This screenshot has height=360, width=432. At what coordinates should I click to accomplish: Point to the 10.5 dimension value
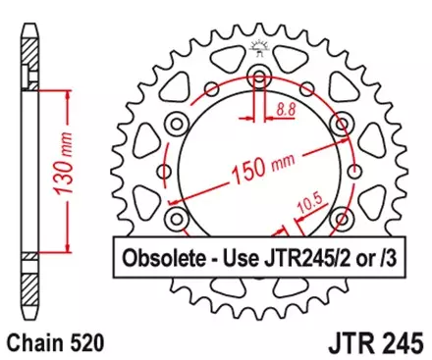[313, 204]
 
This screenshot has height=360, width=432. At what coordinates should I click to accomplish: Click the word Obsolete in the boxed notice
[163, 261]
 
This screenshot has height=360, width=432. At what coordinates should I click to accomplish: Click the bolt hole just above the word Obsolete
[177, 218]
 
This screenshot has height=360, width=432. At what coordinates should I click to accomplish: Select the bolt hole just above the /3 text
[344, 218]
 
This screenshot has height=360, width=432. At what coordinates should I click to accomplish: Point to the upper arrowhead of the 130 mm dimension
[67, 91]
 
